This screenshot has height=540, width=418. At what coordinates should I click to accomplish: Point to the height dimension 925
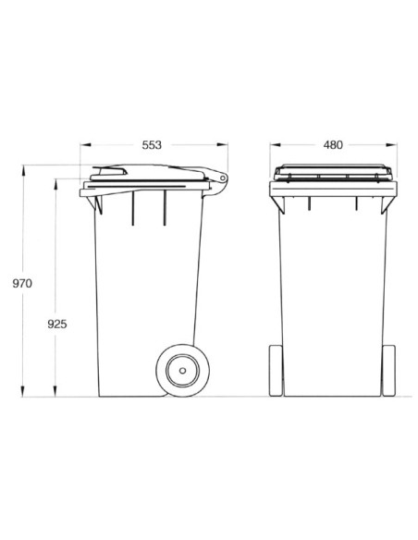click(55, 325)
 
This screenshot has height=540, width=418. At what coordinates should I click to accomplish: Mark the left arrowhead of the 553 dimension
click(84, 145)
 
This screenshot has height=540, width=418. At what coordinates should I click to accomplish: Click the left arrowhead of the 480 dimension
click(273, 145)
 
